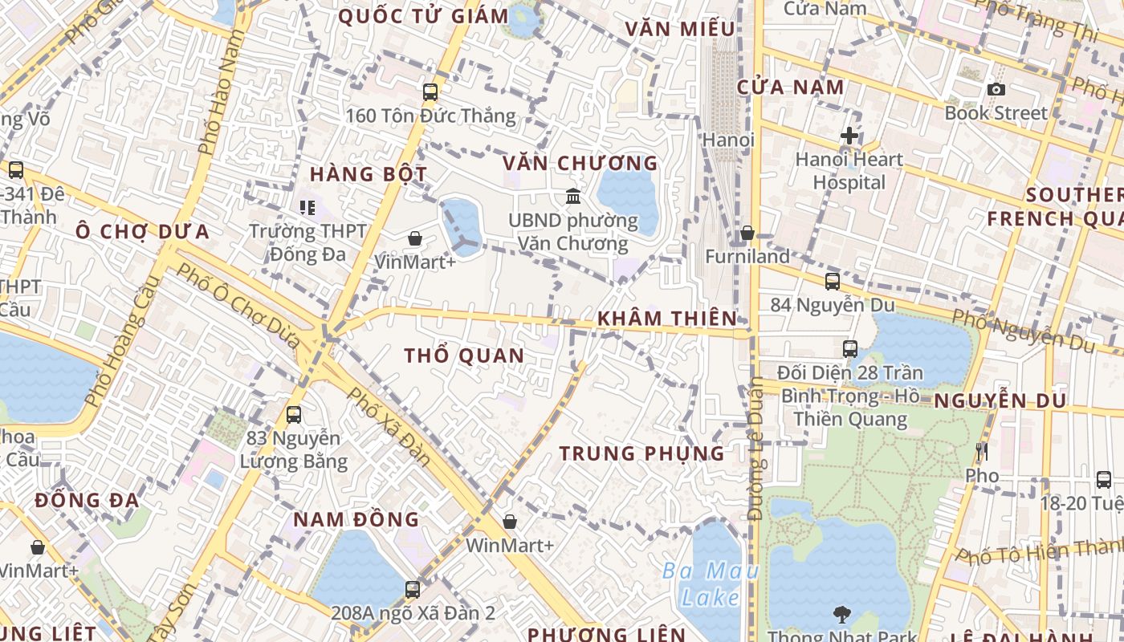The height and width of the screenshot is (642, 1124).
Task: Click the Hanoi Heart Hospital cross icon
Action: [x=849, y=136]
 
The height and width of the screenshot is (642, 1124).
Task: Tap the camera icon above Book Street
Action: [x=996, y=89]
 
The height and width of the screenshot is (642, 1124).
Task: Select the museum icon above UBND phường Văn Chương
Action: [x=573, y=196]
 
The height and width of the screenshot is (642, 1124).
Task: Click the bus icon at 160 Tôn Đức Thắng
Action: [x=430, y=91]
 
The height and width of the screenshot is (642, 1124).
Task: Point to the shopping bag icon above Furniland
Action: [x=747, y=233]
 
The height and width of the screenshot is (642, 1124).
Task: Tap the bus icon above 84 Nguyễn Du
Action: [x=833, y=282]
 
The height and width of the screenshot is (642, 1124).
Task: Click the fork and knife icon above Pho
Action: [x=981, y=452]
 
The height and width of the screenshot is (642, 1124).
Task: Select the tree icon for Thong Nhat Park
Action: [x=841, y=615]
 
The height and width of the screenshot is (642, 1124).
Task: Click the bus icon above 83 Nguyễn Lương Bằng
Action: [x=294, y=415]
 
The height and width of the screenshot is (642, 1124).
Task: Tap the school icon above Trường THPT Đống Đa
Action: [x=307, y=208]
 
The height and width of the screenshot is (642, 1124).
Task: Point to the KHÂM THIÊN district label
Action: [x=666, y=319]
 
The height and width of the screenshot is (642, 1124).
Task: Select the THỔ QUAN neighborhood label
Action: [x=464, y=356]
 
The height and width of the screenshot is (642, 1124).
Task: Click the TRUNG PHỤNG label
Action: [x=641, y=453]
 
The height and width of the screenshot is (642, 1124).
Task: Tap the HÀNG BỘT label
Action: [x=369, y=174]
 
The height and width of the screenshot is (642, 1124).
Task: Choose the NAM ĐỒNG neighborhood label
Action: [x=356, y=519]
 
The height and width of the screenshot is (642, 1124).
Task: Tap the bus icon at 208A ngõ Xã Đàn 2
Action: [x=413, y=589]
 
